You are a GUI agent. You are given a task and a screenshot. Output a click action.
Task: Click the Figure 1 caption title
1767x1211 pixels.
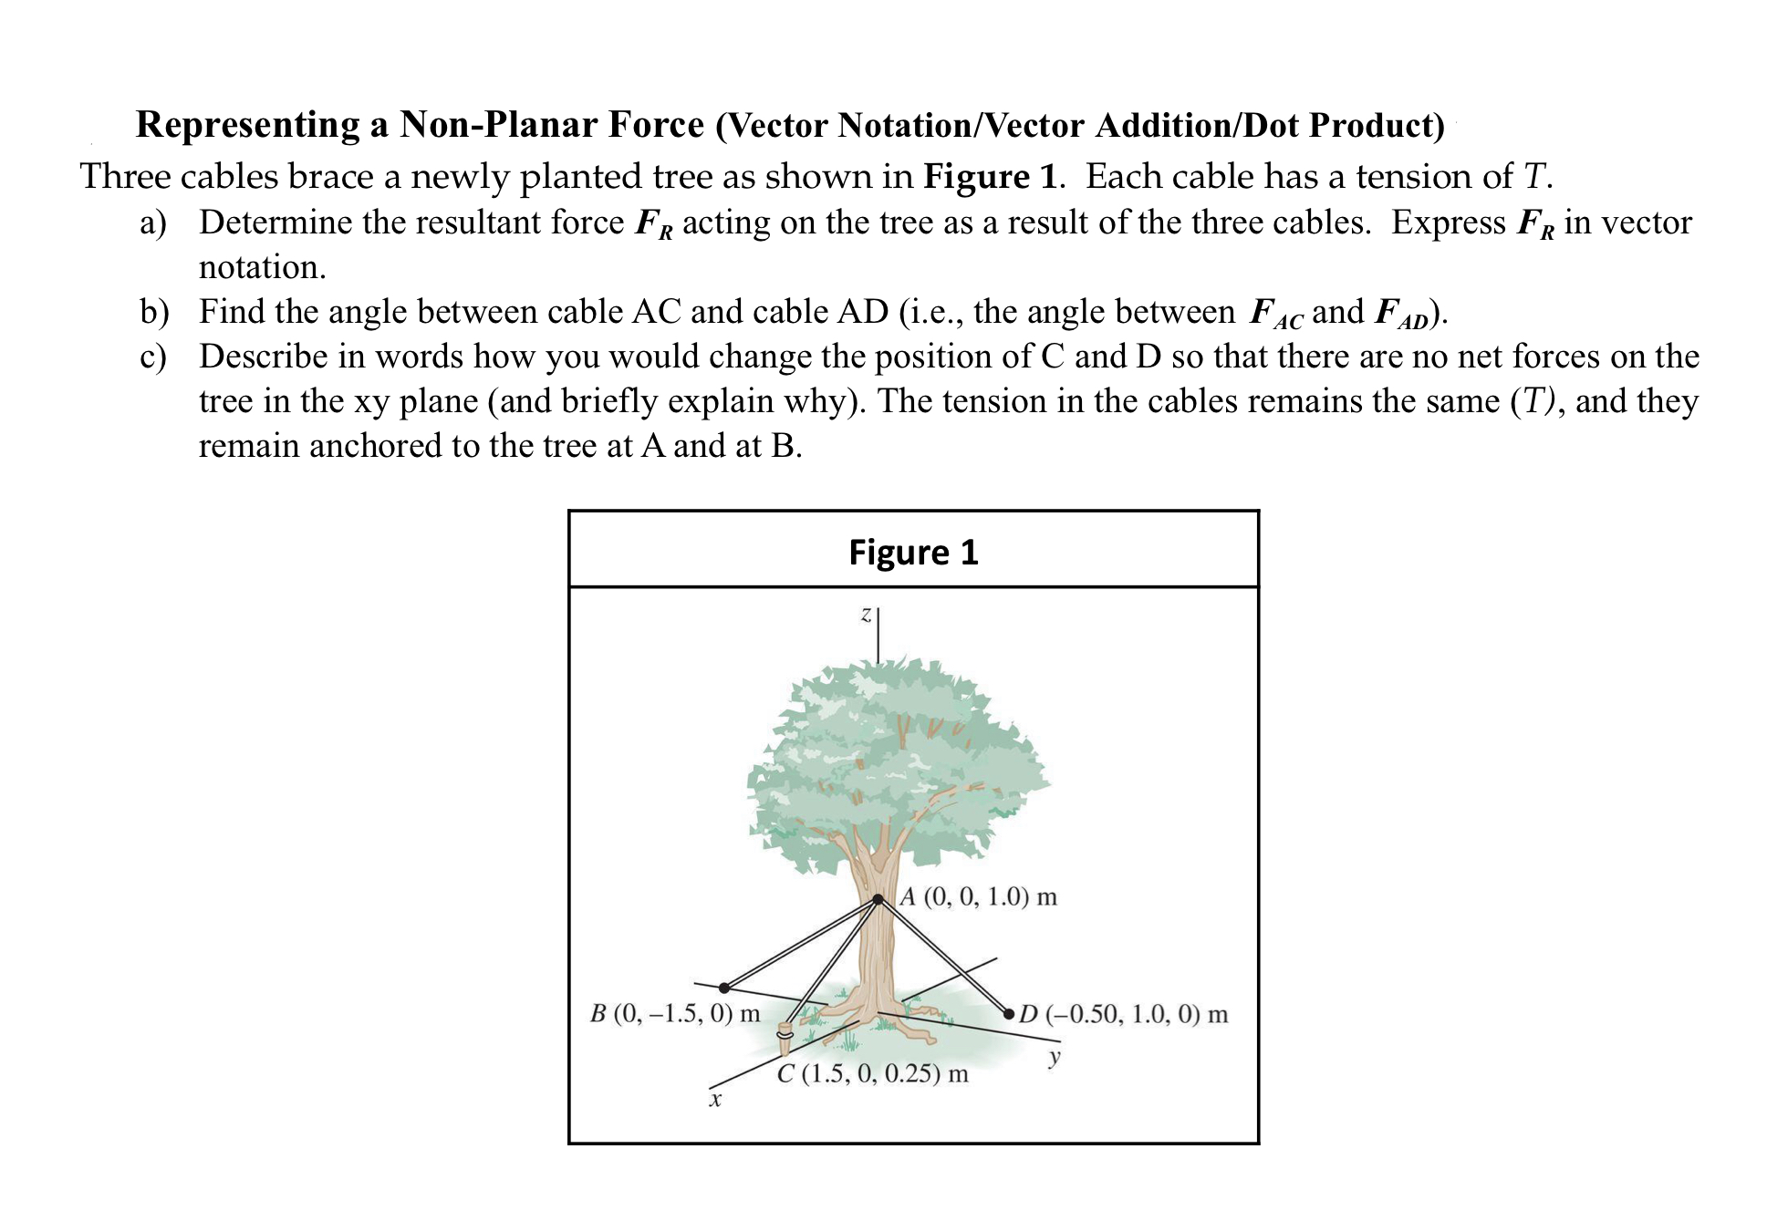point(913,553)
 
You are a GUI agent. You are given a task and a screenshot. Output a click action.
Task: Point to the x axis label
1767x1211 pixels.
point(715,1102)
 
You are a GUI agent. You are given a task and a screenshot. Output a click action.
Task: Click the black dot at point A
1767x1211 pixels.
point(878,899)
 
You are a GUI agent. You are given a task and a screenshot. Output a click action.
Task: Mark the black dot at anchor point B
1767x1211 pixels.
point(724,988)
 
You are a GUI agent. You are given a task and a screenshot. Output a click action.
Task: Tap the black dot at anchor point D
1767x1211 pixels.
point(1009,1013)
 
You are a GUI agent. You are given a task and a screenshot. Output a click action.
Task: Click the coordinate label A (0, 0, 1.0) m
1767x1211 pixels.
point(979,896)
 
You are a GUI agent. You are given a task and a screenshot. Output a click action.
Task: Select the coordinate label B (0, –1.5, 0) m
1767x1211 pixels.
point(675,1013)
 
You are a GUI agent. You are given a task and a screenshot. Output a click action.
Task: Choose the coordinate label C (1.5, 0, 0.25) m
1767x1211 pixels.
point(873,1073)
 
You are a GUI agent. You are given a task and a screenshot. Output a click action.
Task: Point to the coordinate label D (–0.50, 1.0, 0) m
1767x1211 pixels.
point(1124,1014)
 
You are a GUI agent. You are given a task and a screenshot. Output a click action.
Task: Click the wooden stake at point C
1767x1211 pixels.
point(784,1039)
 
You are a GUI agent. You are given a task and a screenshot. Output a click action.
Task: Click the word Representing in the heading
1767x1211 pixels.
point(248,125)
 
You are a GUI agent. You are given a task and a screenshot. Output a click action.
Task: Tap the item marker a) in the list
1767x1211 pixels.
point(153,223)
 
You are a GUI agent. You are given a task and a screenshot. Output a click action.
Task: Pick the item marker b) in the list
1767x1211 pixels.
point(154,313)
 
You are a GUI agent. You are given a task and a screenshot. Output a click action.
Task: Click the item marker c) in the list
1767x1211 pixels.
point(153,357)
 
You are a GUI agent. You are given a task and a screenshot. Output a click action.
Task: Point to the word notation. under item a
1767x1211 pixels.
point(263,268)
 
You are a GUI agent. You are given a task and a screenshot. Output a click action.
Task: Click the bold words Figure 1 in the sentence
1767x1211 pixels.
point(990,176)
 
